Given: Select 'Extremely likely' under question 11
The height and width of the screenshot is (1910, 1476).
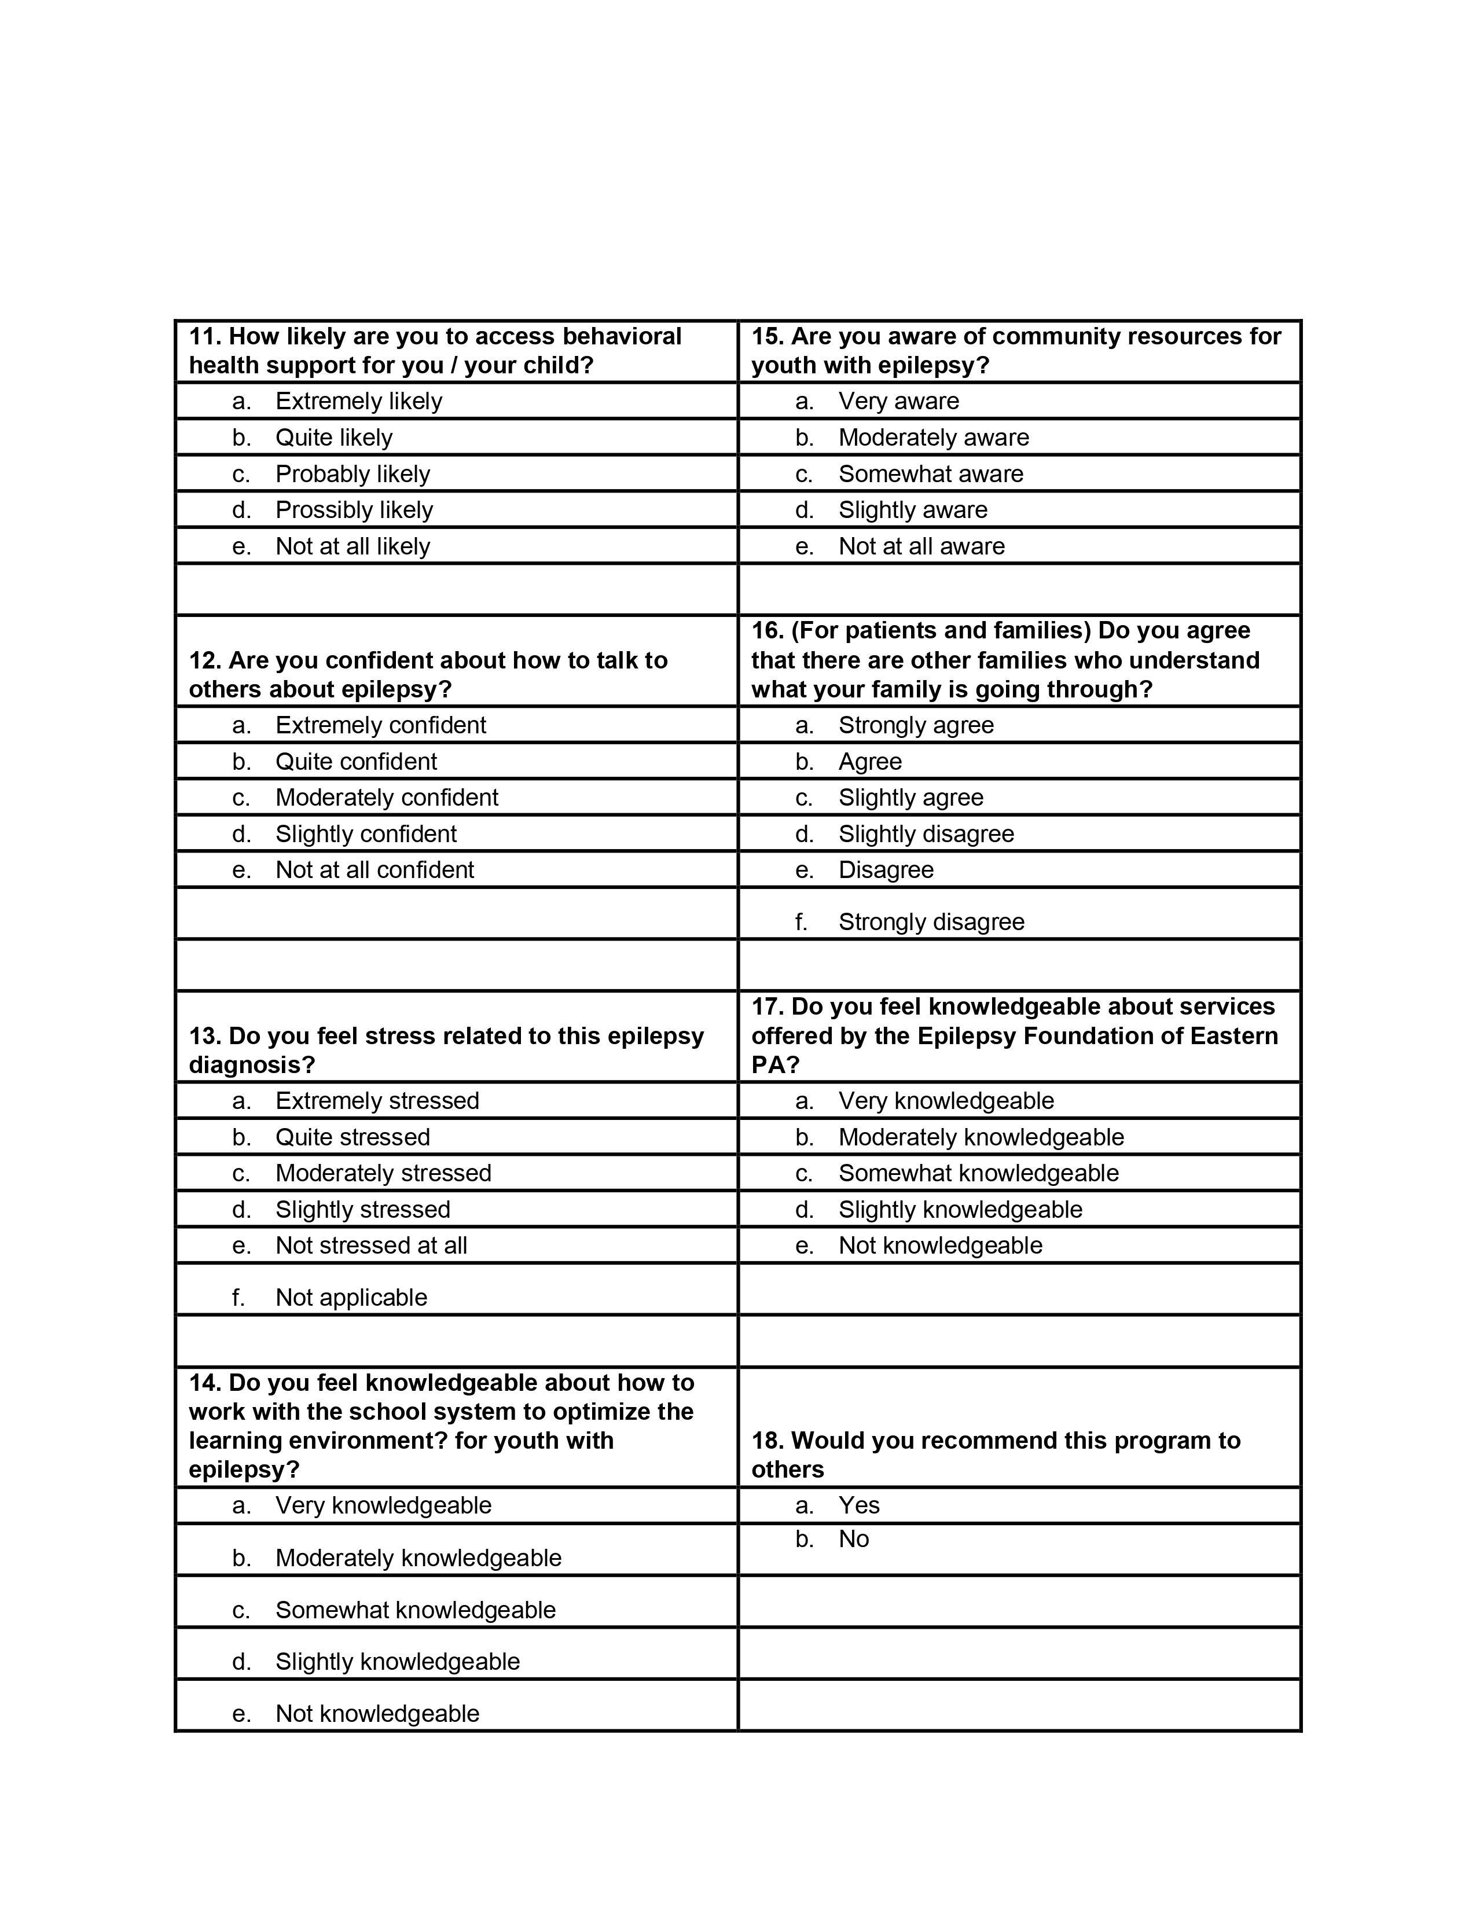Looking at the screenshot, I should [358, 402].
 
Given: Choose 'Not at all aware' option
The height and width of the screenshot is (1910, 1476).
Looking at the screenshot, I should [921, 546].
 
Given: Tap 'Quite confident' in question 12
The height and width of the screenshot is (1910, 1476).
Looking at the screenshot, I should [356, 762].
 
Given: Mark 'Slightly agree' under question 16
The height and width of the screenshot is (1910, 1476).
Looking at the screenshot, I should [910, 798].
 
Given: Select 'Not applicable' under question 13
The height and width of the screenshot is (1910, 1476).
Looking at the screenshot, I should [351, 1297].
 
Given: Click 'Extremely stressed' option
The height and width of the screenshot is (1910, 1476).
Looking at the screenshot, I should [377, 1100].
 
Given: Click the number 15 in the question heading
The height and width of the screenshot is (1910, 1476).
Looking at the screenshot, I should [767, 337].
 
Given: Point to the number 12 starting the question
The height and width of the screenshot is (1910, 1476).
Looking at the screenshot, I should [204, 660].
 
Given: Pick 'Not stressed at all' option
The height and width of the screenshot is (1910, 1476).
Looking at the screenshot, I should [371, 1246].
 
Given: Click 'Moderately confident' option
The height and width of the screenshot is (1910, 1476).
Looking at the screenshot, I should [387, 798].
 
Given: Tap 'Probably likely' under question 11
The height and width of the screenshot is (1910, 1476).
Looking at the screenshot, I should [353, 474].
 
